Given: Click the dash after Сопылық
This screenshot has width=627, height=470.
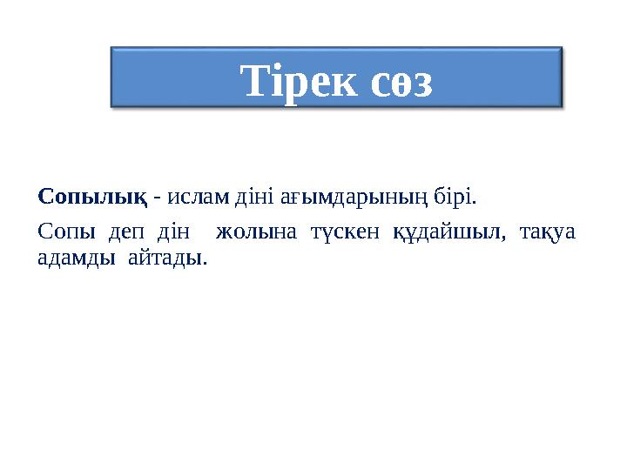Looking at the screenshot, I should [x=156, y=198].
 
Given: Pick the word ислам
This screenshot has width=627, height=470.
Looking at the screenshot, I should [x=196, y=197].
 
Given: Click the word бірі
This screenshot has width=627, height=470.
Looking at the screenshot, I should [x=455, y=197].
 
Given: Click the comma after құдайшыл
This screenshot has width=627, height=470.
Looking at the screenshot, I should [x=504, y=238].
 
